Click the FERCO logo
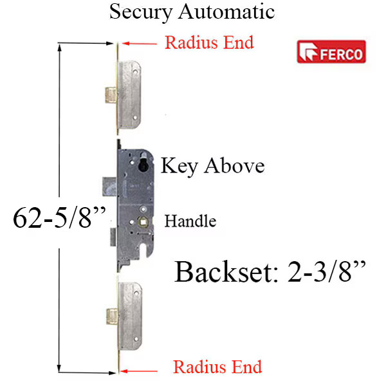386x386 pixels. point(331,51)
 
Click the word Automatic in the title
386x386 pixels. point(226,12)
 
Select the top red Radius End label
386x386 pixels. point(209,42)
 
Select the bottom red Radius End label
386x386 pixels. point(217,367)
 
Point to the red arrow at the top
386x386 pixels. point(140,44)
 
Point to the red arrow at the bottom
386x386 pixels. point(139,371)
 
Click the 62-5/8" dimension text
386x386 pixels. point(59,217)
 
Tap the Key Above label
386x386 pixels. point(212,166)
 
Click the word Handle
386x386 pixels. point(190,221)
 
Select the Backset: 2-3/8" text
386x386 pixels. point(270,272)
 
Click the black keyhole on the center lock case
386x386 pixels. point(143,164)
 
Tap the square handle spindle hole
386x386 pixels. point(143,222)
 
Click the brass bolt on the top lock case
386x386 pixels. point(111,95)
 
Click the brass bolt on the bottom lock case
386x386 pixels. point(112,317)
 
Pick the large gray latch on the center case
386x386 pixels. point(110,187)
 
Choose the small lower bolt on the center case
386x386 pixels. point(113,237)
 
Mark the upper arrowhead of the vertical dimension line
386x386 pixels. point(59,48)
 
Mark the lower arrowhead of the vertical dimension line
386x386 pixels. point(59,368)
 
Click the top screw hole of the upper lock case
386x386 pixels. point(135,71)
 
